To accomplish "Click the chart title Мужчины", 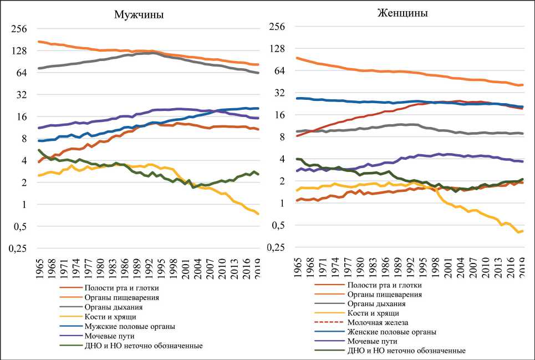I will pyautogui.click(x=138, y=15).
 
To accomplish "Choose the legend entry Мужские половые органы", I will pyautogui.click(x=130, y=326).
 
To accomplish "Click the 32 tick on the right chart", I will pyautogui.click(x=281, y=93).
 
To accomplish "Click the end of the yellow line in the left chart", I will pyautogui.click(x=258, y=214).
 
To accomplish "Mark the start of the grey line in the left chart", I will pyautogui.click(x=39, y=68).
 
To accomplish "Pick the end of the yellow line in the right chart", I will pyautogui.click(x=522, y=231).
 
